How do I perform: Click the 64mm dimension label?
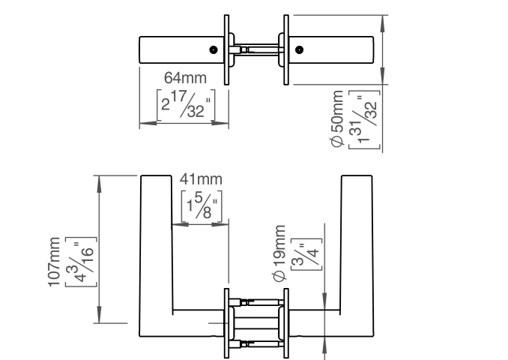coord(185,78)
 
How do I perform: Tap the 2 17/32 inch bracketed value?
coord(186,105)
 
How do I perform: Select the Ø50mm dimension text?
coord(337,118)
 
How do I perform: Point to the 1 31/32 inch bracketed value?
coord(364,120)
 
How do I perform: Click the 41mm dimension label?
coord(202,179)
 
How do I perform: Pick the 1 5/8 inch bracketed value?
coord(202,206)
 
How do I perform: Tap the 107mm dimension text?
coord(54,262)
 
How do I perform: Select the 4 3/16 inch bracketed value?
coord(81,262)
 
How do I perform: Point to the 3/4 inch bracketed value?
coord(306,254)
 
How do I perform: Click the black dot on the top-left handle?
coord(214,50)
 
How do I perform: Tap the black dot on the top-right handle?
coord(300,50)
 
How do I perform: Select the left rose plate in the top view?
coord(227,50)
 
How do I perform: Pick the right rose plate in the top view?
coord(286,50)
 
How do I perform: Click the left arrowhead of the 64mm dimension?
coord(148,123)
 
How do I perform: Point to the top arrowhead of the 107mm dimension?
coord(99,184)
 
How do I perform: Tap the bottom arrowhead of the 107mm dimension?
coord(99,314)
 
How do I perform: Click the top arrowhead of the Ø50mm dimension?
coord(383,24)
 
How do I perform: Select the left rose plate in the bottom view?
coord(227,323)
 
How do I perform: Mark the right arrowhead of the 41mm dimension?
coord(220,224)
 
